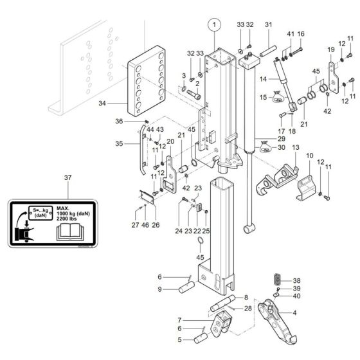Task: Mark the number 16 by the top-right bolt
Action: tap(300, 33)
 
